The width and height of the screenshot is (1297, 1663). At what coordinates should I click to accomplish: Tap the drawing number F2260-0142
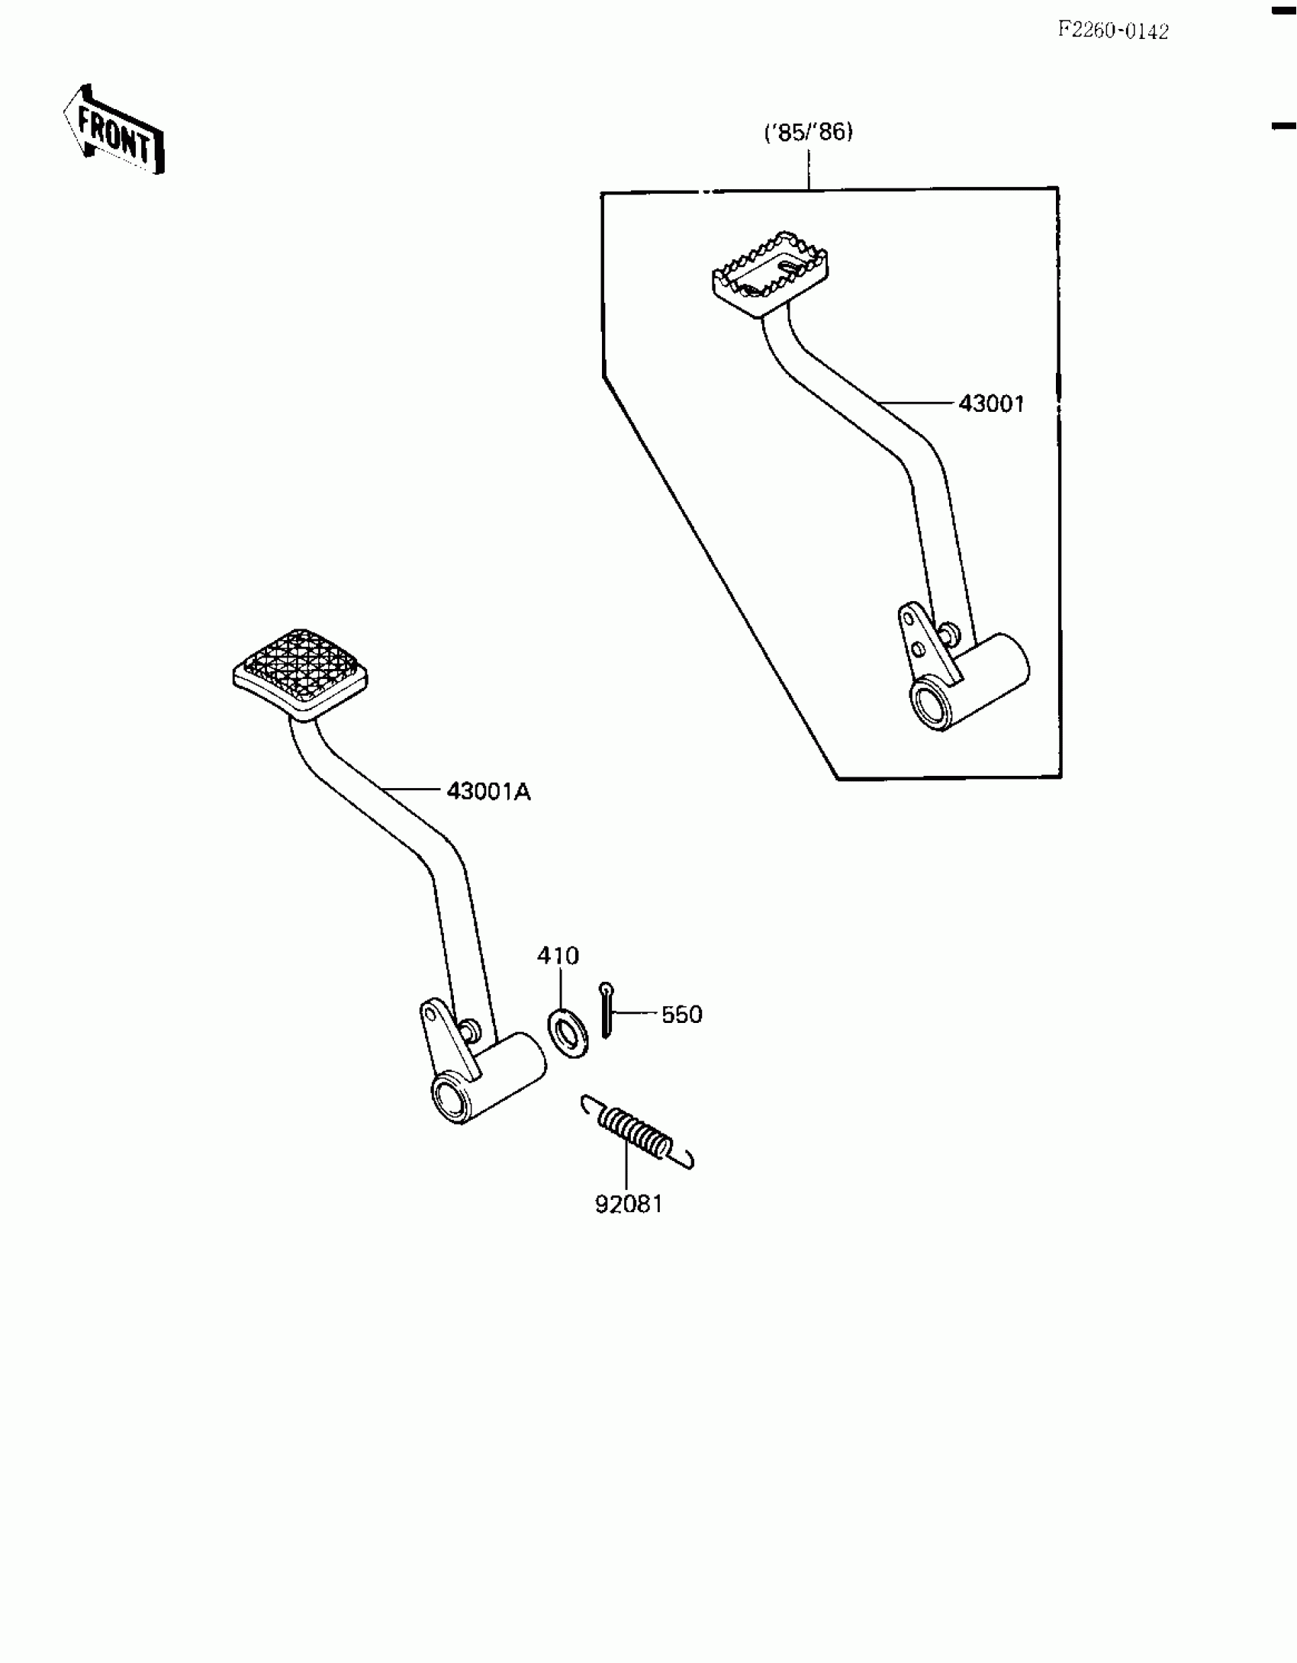pyautogui.click(x=1112, y=31)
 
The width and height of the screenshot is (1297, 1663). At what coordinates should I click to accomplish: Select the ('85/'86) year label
pyautogui.click(x=809, y=133)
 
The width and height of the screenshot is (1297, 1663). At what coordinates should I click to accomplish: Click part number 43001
pyautogui.click(x=991, y=404)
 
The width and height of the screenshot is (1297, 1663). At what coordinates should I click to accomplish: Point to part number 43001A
pyautogui.click(x=488, y=792)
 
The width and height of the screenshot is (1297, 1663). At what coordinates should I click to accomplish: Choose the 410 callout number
pyautogui.click(x=558, y=956)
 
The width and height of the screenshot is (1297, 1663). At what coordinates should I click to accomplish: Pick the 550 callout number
pyautogui.click(x=681, y=1015)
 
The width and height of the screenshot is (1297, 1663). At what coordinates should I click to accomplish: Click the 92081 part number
pyautogui.click(x=629, y=1205)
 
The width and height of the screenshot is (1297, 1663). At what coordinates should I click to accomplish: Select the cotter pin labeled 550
pyautogui.click(x=606, y=1010)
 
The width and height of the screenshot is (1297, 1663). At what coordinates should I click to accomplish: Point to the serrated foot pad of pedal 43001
pyautogui.click(x=771, y=271)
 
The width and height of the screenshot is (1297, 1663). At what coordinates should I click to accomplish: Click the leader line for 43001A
pyautogui.click(x=412, y=790)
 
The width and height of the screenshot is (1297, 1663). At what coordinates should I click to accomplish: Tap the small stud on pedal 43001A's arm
pyautogui.click(x=471, y=1030)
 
